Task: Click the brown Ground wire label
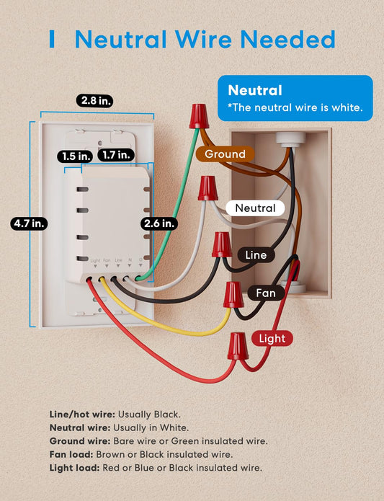click(x=224, y=154)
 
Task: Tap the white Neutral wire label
click(x=255, y=208)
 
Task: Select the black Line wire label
click(x=256, y=255)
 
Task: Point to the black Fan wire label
click(x=266, y=293)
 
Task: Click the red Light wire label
click(x=272, y=338)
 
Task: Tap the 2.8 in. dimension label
click(x=94, y=101)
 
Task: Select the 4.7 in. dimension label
click(x=29, y=223)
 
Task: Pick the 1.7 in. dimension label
click(x=115, y=155)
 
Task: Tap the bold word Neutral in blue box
click(x=255, y=91)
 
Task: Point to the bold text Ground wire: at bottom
click(x=79, y=440)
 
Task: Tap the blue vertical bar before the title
click(x=53, y=39)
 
